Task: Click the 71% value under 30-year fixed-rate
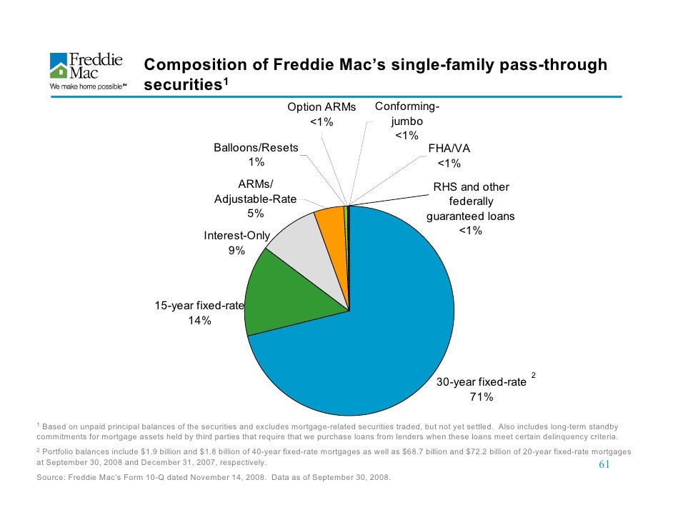tap(481, 397)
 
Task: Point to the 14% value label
tap(199, 321)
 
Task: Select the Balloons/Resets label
tap(256, 148)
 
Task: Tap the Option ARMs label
tap(321, 107)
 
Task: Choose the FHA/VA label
tap(449, 149)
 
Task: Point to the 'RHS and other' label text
tap(471, 187)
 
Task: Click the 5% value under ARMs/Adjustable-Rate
tap(256, 214)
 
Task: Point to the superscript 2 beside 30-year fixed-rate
tap(533, 374)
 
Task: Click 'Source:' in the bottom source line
tap(49, 477)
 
